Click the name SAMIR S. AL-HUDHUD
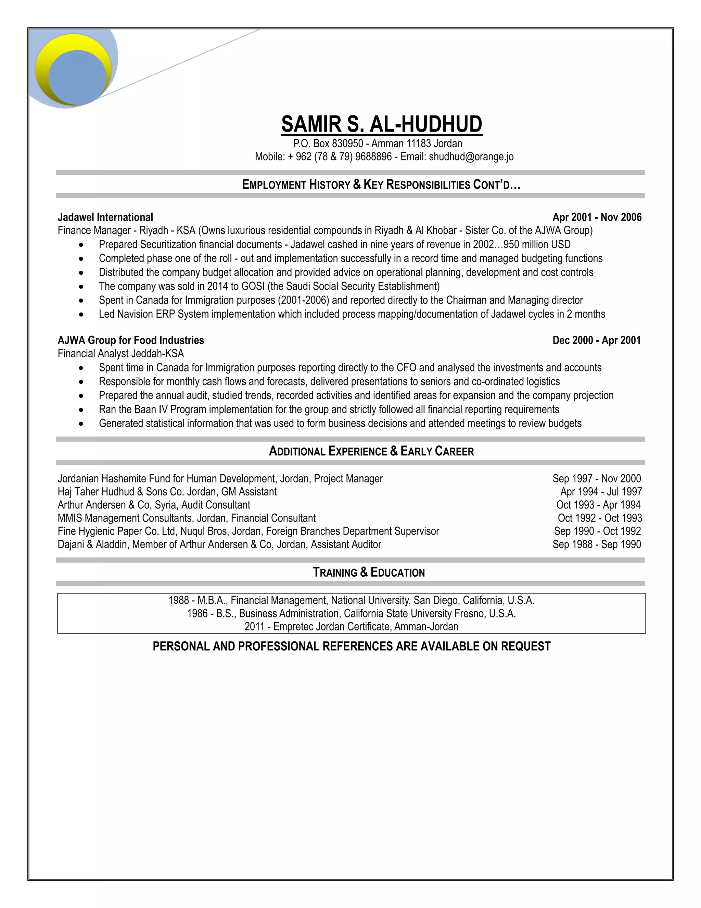click(381, 124)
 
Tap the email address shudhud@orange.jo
click(471, 157)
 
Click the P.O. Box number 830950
click(348, 144)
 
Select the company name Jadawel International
click(105, 218)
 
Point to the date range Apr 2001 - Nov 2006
click(597, 218)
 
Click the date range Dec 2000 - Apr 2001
click(596, 341)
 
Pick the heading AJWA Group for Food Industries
click(131, 341)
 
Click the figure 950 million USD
click(537, 244)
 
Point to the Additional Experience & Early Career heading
click(371, 452)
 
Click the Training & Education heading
click(369, 573)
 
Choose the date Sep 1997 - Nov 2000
click(596, 479)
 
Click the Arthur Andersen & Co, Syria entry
click(154, 505)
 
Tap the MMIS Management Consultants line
click(187, 518)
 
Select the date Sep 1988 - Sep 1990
click(596, 545)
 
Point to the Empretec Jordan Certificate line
click(351, 627)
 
